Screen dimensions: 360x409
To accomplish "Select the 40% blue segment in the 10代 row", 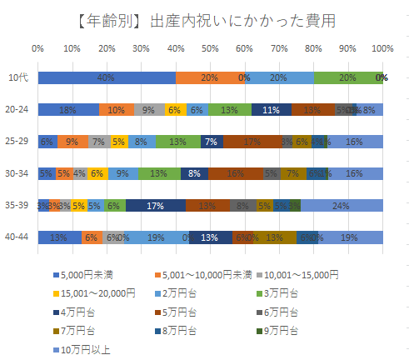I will click(x=106, y=77).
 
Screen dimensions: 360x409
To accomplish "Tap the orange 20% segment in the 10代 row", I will click(x=210, y=77).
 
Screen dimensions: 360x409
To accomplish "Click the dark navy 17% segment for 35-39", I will click(x=156, y=206).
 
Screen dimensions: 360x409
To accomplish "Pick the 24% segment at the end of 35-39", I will click(x=342, y=206).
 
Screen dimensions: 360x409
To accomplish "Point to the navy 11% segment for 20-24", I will click(x=271, y=109).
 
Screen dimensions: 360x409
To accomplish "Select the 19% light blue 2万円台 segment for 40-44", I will click(x=156, y=237).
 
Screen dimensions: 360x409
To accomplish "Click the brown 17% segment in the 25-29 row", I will click(x=252, y=142).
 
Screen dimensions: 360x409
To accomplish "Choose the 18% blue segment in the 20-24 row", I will click(x=68, y=109).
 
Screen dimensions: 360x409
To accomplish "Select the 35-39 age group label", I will click(x=18, y=206).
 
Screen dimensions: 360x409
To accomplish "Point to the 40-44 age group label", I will click(x=18, y=237).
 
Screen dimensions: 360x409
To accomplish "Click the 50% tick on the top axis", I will click(x=210, y=48).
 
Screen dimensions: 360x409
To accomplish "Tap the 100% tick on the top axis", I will click(x=382, y=48).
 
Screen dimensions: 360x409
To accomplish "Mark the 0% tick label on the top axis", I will click(x=37, y=48).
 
